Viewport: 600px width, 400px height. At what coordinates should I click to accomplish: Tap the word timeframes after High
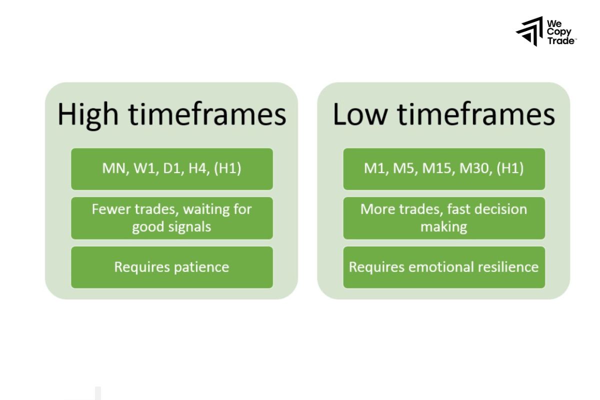[207, 115]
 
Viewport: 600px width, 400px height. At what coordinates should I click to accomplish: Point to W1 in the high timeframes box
[145, 168]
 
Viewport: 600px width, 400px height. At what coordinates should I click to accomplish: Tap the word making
[443, 226]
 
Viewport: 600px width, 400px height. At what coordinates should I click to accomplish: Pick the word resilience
[508, 267]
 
